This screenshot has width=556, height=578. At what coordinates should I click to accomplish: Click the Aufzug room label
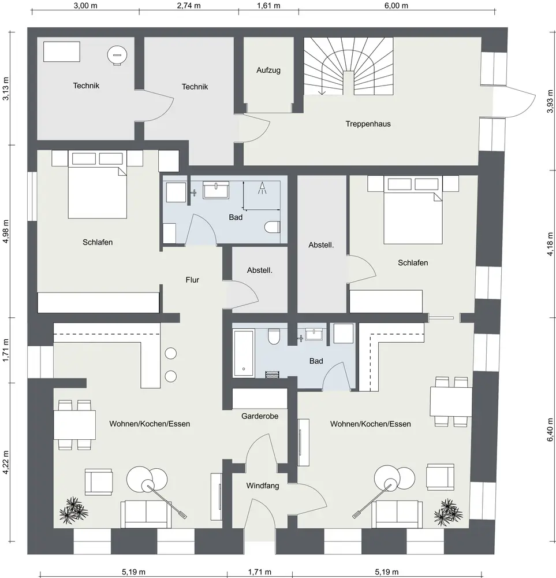tap(268, 71)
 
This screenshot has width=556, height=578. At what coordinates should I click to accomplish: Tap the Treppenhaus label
tap(368, 124)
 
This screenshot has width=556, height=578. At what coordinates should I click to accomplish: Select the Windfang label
tap(262, 486)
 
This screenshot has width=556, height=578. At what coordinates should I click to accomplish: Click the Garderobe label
tap(260, 415)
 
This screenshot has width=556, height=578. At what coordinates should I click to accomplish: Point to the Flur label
tap(192, 280)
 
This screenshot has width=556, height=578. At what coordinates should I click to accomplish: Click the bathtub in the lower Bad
tap(243, 353)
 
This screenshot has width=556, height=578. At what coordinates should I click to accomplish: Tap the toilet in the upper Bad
tap(272, 227)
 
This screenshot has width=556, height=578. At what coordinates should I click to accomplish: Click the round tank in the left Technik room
tap(116, 55)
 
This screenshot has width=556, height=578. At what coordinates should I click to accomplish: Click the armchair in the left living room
tap(98, 481)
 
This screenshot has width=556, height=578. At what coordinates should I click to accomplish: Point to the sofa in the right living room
tap(397, 513)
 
